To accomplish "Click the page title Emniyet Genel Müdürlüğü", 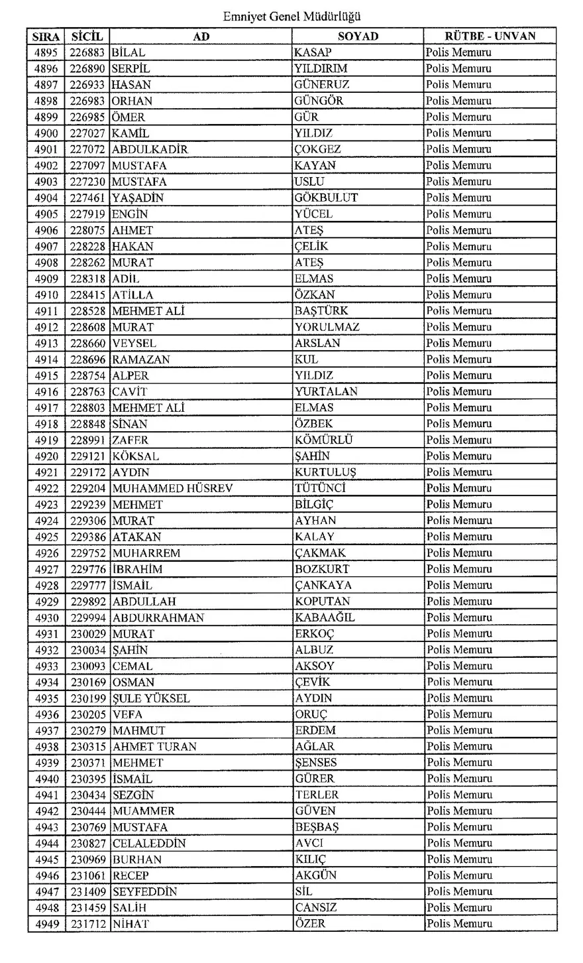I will pos(292,15).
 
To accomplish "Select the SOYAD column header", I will pos(358,36).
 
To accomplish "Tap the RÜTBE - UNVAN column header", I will pos(490,36).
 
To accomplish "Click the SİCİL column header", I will pos(87,36).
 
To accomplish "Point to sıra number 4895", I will pos(46,52).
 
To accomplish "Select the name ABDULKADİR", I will pos(150,149).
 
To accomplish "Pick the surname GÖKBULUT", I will pos(327,198).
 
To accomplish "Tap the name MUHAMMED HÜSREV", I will pos(172,488).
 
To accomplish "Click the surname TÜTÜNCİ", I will pos(321,488).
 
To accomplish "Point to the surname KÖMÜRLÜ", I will pos(324,440).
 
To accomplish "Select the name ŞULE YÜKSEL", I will pos(151,698).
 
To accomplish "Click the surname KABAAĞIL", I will pos(325,617).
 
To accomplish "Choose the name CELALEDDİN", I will pos(149,843).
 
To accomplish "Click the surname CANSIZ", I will pos(316,907).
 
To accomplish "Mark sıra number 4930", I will pos(46,617).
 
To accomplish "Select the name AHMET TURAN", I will pos(154,746).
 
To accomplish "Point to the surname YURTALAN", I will pos(327,391).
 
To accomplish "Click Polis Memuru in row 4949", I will pos(459,924).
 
